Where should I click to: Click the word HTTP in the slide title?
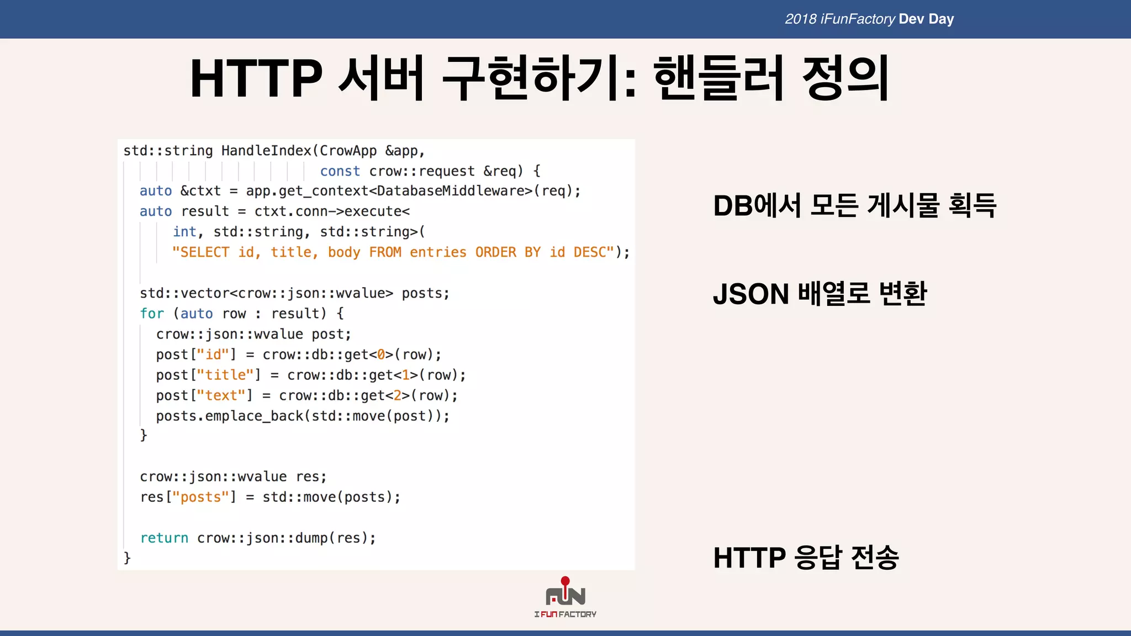click(256, 78)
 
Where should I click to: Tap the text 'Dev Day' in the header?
click(926, 19)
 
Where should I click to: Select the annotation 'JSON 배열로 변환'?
click(820, 294)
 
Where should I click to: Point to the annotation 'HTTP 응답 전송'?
click(806, 558)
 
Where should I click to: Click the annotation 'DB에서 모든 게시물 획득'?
click(854, 206)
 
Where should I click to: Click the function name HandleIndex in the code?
click(266, 151)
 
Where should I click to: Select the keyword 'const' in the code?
click(340, 171)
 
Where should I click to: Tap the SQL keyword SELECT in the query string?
click(204, 252)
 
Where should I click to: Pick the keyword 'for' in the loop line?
click(152, 314)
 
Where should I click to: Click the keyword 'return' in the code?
click(164, 538)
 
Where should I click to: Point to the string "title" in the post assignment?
click(225, 375)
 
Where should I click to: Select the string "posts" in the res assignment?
click(200, 497)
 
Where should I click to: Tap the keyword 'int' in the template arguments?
click(184, 232)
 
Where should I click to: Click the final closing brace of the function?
click(127, 558)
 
